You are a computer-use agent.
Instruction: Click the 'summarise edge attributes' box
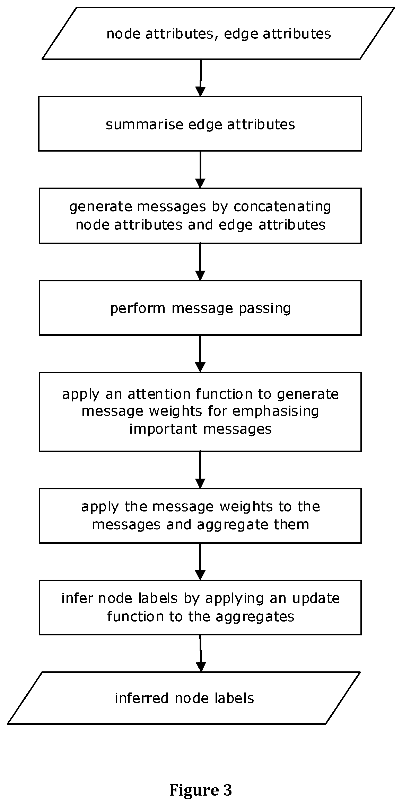(x=200, y=124)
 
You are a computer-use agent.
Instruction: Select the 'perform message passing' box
(x=200, y=308)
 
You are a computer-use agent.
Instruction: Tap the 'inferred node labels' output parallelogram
(x=184, y=698)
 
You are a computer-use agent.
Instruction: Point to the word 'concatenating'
(x=282, y=206)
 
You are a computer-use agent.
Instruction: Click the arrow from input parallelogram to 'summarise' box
(x=200, y=78)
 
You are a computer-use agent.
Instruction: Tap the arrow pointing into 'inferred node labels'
(x=201, y=653)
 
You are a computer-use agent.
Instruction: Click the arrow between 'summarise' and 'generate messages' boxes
(x=200, y=170)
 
